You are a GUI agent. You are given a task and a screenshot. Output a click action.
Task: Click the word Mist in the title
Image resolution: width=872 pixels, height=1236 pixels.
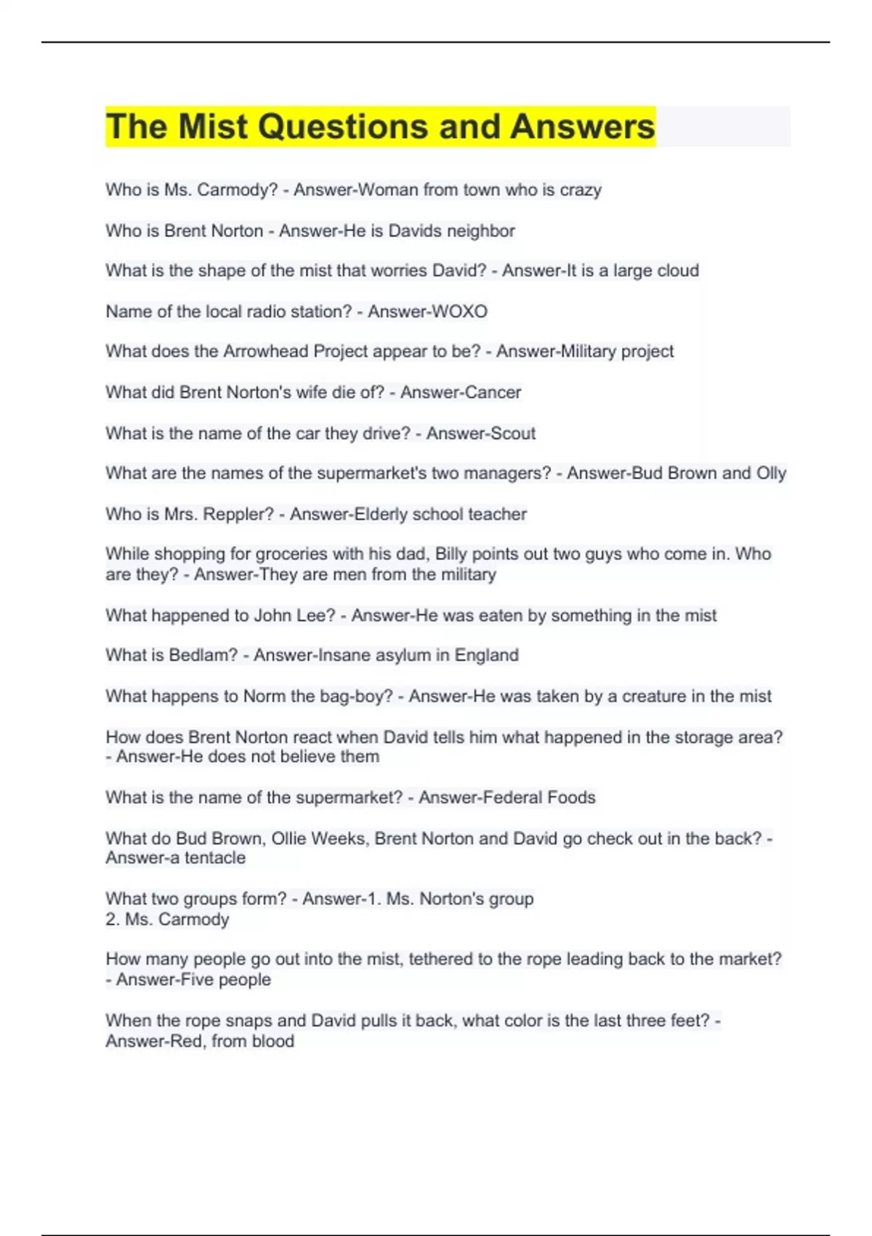(x=213, y=127)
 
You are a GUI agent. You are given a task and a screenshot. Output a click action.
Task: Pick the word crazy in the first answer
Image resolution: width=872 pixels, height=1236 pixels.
(x=580, y=190)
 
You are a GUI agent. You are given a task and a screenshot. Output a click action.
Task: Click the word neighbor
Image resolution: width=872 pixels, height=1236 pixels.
(x=480, y=230)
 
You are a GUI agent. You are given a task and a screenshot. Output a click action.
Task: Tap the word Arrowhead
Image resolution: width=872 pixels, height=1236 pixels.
(x=257, y=351)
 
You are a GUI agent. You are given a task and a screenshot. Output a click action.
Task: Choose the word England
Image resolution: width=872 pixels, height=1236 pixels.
(x=486, y=655)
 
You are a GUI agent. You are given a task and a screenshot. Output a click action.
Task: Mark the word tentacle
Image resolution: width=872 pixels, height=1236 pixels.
(x=216, y=858)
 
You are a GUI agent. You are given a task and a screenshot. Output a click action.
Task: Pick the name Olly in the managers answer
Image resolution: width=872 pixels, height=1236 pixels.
(x=771, y=473)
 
